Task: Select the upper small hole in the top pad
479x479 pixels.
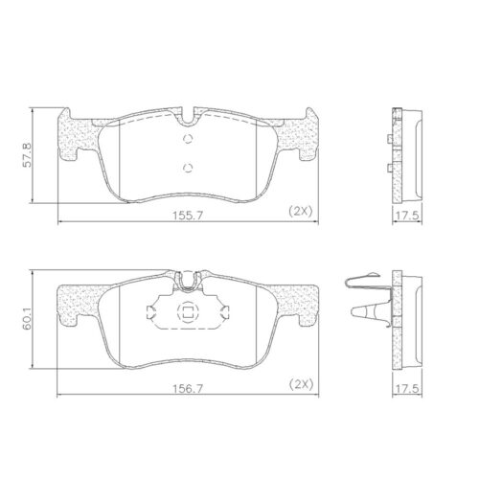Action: pyautogui.click(x=188, y=137)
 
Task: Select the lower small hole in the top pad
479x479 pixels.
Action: pyautogui.click(x=188, y=168)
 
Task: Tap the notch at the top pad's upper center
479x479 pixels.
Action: pyautogui.click(x=188, y=114)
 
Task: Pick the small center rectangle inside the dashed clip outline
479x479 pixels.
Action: pyautogui.click(x=188, y=311)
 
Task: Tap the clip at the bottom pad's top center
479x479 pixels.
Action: pyautogui.click(x=188, y=282)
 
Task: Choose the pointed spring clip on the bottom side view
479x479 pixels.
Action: pyautogui.click(x=370, y=310)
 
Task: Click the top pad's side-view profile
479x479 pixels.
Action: pyautogui.click(x=406, y=153)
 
